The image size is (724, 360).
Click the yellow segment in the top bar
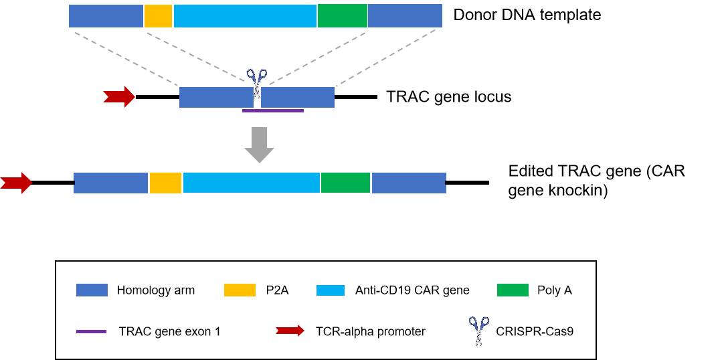[158, 16]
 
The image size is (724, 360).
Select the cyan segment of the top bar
[245, 16]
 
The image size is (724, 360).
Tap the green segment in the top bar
[343, 16]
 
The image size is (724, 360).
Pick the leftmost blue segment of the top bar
[106, 16]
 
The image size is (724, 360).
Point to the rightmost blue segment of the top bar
[405, 16]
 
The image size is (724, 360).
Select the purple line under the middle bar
[272, 110]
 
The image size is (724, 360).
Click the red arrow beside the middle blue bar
[119, 96]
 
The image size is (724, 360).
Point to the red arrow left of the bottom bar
[16, 183]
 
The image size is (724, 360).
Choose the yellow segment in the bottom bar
[165, 183]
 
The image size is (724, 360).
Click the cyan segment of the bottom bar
[251, 183]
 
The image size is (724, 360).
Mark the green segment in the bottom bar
[345, 183]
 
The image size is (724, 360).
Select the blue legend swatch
[92, 290]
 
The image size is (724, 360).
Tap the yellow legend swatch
[240, 290]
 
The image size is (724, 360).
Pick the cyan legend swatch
[331, 290]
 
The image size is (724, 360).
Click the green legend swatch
[513, 290]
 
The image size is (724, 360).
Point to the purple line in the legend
[91, 331]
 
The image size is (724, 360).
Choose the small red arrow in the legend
[290, 331]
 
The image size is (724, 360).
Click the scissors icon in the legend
[478, 328]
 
